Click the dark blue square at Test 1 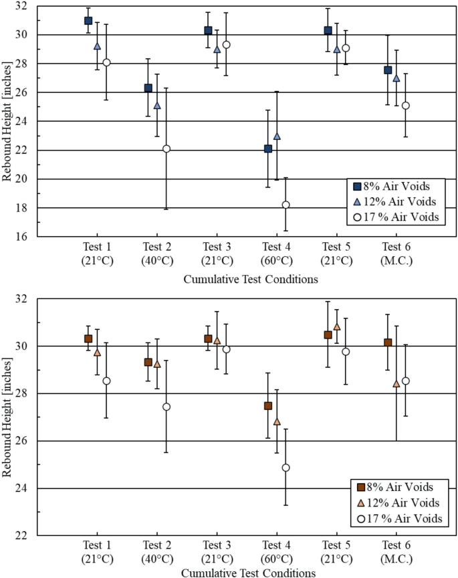coord(88,21)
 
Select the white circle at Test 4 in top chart coord(286,205)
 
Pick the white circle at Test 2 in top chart coord(166,149)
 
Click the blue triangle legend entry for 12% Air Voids coord(358,201)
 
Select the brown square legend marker coord(362,487)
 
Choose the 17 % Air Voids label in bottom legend coord(406,518)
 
